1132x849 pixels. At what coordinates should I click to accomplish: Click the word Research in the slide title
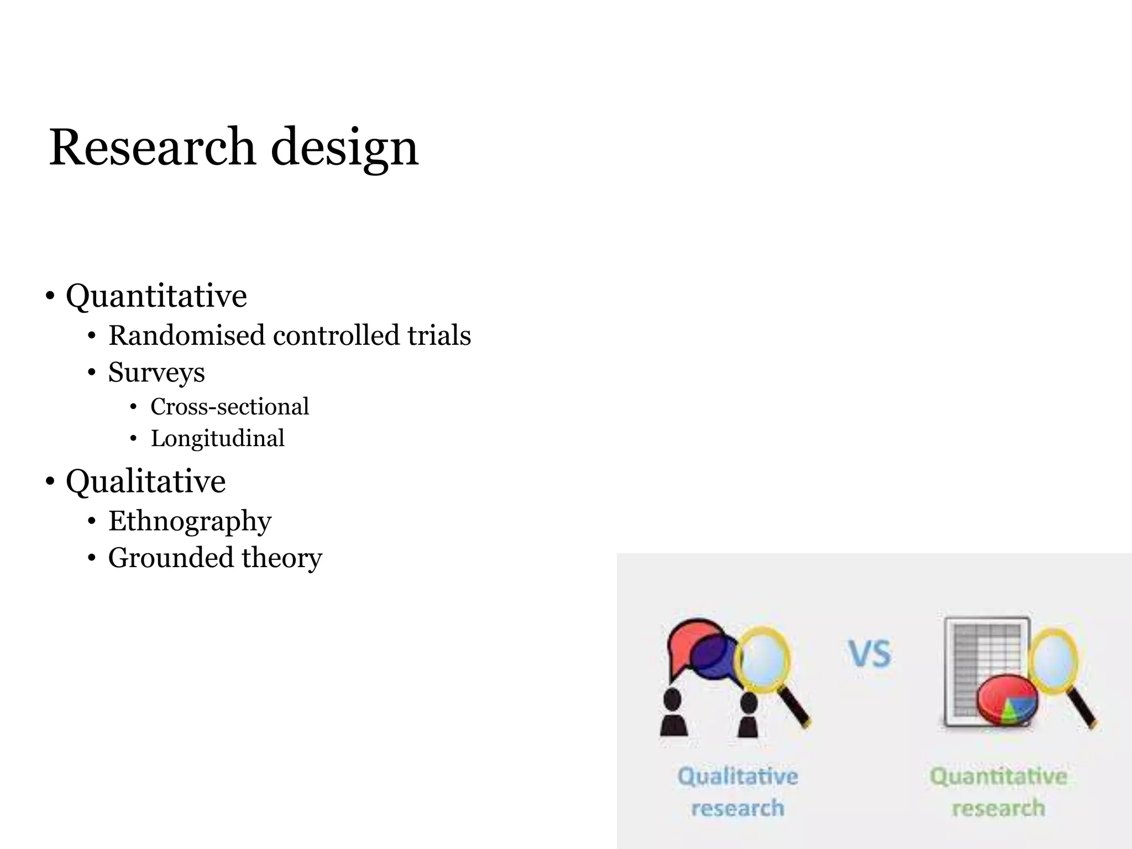pos(152,147)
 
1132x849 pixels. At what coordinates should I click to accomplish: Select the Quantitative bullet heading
pos(156,296)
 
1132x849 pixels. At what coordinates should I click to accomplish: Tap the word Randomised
pos(186,336)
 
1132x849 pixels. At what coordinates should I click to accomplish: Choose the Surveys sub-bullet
pos(156,372)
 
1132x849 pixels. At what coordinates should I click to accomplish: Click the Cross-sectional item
pos(229,407)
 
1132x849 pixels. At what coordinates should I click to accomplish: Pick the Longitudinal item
pos(217,439)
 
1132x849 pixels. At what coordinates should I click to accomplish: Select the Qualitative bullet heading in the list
pos(145,481)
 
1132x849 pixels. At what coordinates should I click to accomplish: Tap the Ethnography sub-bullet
pos(190,521)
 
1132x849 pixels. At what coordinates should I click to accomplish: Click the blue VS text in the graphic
pos(870,654)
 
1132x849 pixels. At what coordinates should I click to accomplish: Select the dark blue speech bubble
pos(713,658)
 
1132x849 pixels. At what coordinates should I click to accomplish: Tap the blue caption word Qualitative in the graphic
pos(738,777)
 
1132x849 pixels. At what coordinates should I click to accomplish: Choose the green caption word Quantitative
pos(998,777)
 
